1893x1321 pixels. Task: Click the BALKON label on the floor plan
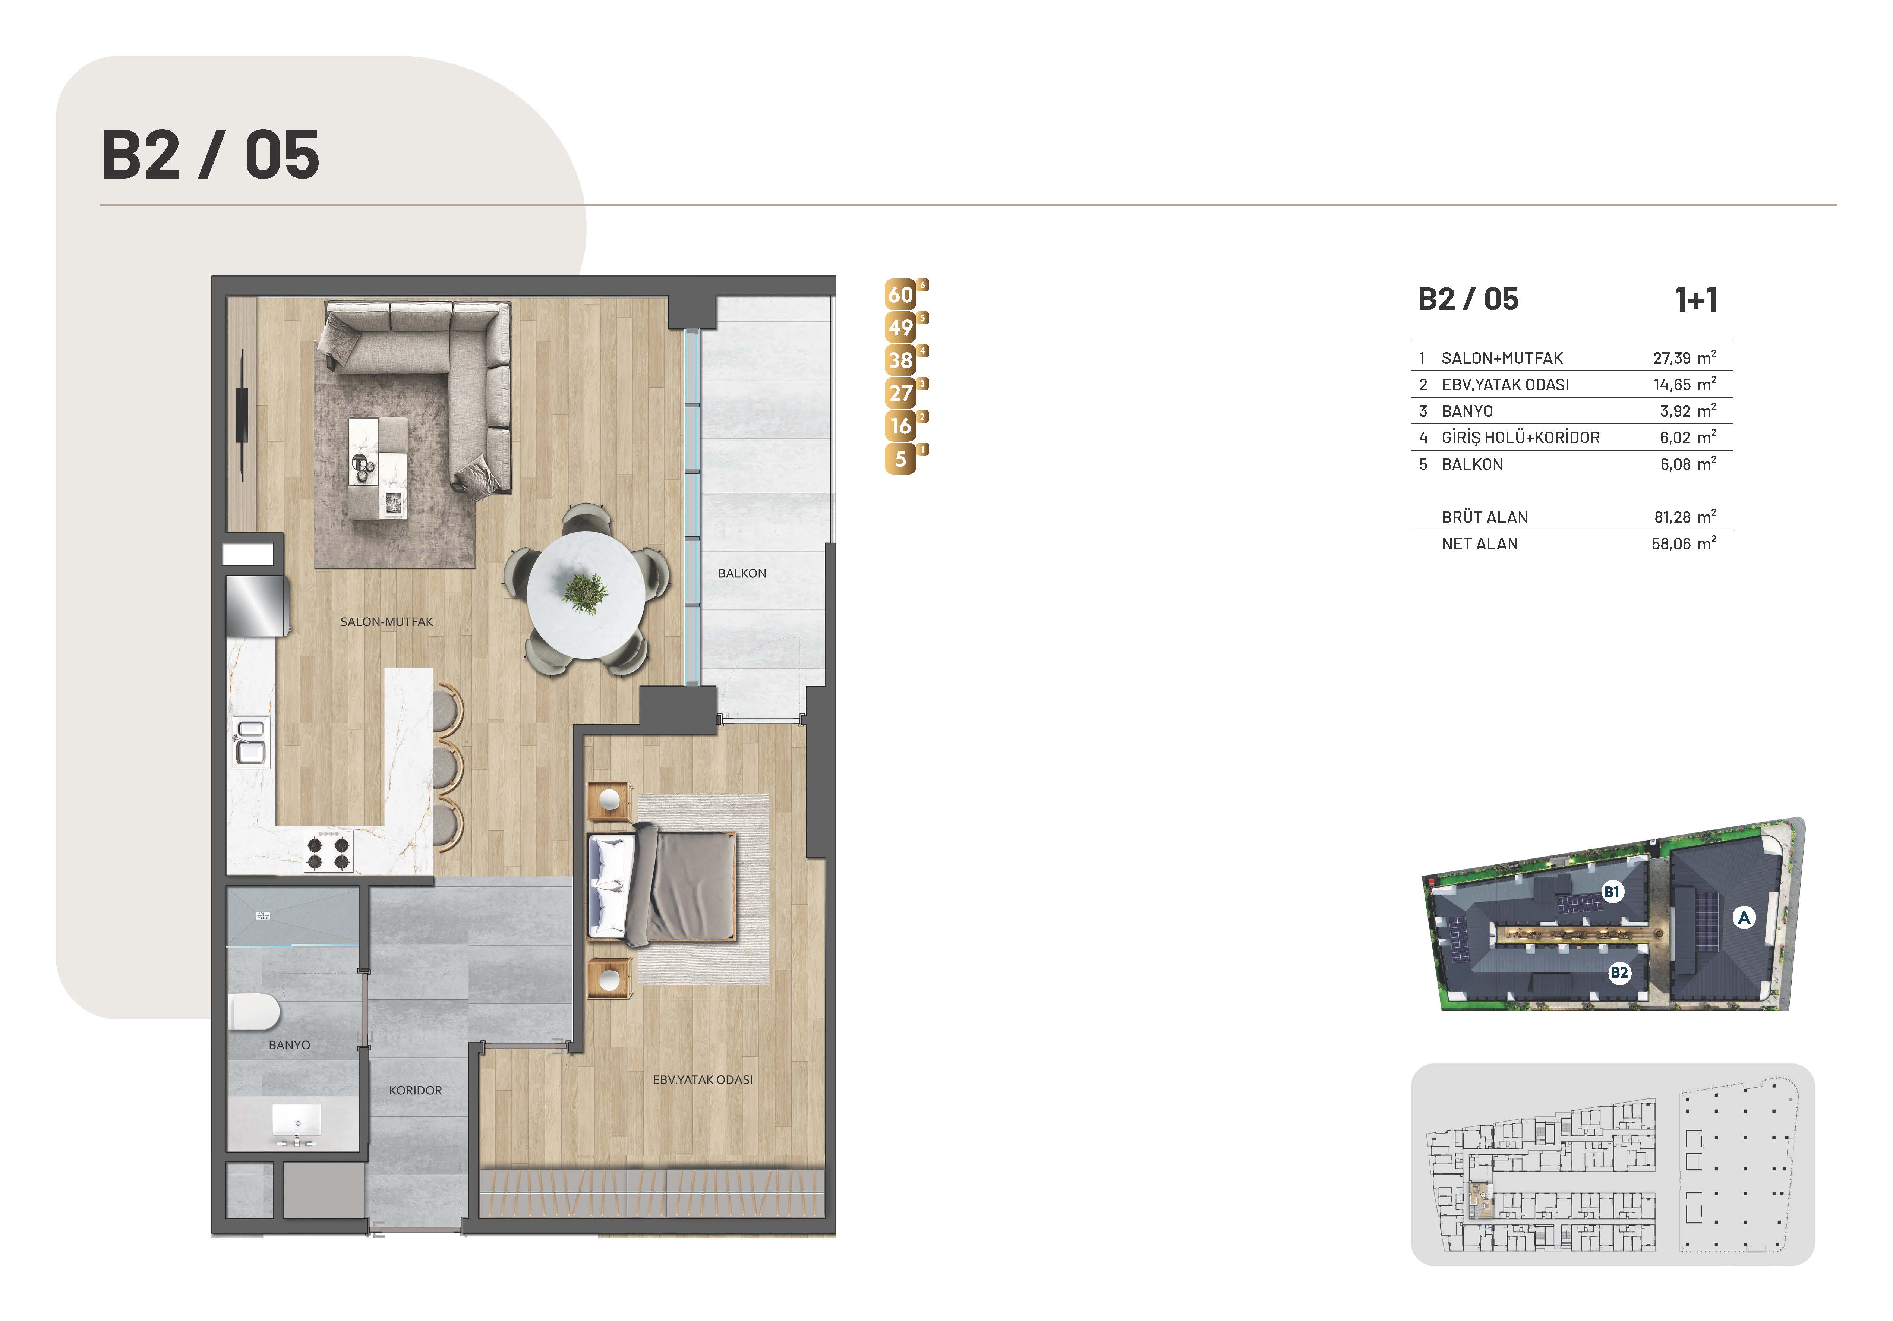click(742, 573)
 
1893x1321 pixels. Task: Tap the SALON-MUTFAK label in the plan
click(387, 622)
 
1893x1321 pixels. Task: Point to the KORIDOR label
click(416, 1090)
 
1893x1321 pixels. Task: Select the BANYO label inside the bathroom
click(289, 1045)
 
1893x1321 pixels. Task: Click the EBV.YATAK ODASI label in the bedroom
click(703, 1079)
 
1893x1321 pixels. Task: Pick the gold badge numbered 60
click(901, 294)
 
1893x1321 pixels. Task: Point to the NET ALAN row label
click(1479, 543)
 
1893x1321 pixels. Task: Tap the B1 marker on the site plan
click(1612, 891)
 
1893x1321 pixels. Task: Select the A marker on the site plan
click(1744, 917)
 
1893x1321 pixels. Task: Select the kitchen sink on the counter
click(250, 741)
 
